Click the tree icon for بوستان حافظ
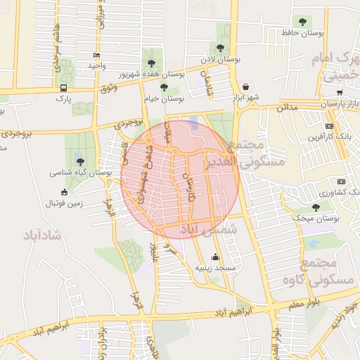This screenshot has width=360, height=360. [x=303, y=22]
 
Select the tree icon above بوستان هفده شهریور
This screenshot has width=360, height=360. [x=151, y=63]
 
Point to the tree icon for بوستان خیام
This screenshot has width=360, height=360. [x=164, y=87]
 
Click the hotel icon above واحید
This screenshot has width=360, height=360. [x=96, y=55]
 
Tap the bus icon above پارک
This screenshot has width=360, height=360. [x=64, y=89]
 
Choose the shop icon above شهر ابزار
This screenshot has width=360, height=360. [x=245, y=86]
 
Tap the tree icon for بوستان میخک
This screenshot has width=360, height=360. [x=316, y=207]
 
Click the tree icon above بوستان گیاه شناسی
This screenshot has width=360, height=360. [x=80, y=162]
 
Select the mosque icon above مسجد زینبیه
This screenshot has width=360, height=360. [x=214, y=257]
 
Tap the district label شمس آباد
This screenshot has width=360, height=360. [x=208, y=229]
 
